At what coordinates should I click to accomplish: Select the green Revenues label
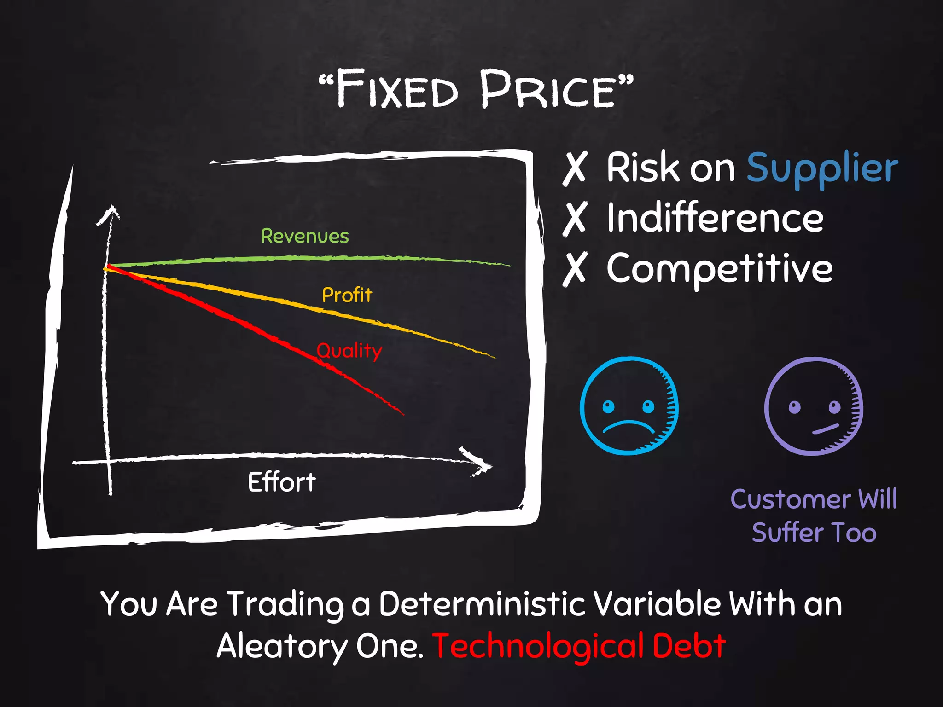305,236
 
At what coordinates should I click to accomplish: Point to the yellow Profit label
347,295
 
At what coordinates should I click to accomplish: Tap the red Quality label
349,351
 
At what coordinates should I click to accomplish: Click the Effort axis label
282,482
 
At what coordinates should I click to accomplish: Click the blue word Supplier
822,168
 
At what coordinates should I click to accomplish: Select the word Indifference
715,218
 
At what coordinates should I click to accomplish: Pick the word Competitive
719,269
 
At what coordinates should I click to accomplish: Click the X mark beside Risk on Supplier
575,168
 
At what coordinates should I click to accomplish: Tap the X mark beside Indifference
575,219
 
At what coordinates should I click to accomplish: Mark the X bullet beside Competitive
575,269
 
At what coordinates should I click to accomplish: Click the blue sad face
629,406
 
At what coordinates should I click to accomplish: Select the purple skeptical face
814,406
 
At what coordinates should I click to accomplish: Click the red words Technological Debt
579,645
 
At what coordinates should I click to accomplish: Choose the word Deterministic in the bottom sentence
482,603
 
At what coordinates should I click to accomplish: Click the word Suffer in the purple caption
787,533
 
